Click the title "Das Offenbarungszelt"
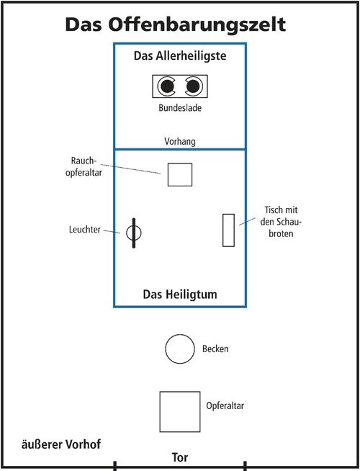176,24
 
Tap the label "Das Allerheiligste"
180,57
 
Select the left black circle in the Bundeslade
167,87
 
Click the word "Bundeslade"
179,110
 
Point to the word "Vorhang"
179,142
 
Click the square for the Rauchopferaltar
180,174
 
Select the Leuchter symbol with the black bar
134,233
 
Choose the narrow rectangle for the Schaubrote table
228,230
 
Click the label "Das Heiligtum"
179,294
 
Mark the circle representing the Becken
179,349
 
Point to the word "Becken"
215,349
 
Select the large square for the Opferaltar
179,411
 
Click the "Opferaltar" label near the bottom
225,406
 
